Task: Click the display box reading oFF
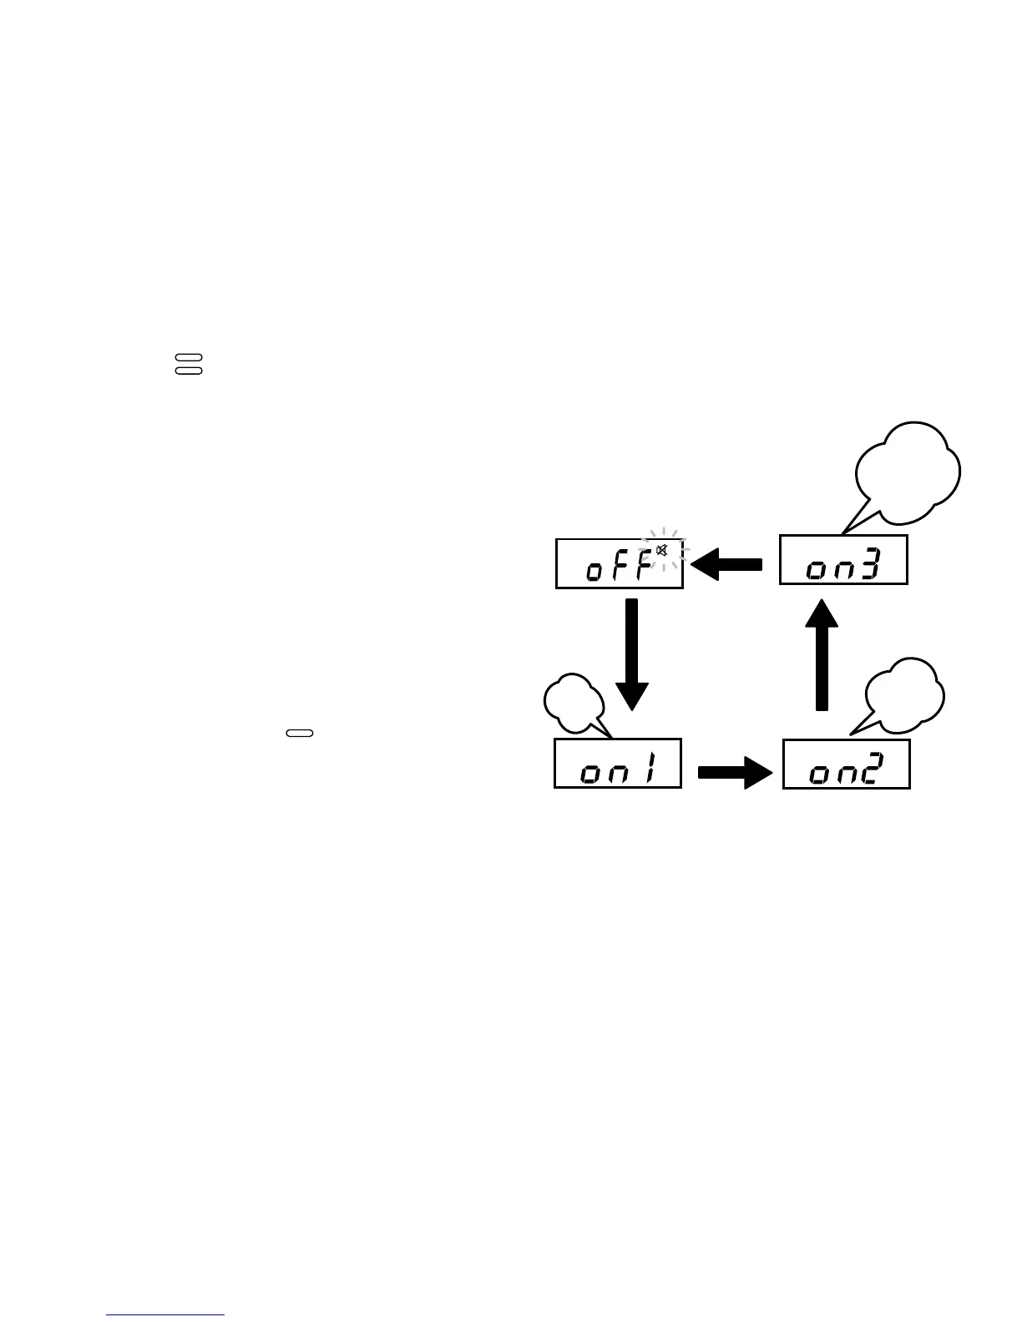click(x=619, y=563)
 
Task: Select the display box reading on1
click(x=618, y=763)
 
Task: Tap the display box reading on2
click(x=846, y=764)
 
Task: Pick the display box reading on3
click(x=843, y=560)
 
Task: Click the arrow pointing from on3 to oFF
click(x=726, y=563)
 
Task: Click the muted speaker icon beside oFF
click(x=661, y=551)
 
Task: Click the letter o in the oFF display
click(x=594, y=572)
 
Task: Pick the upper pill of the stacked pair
click(x=189, y=358)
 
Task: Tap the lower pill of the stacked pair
click(x=189, y=369)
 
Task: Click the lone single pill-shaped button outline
click(x=300, y=734)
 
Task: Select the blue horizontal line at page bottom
click(x=165, y=1314)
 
